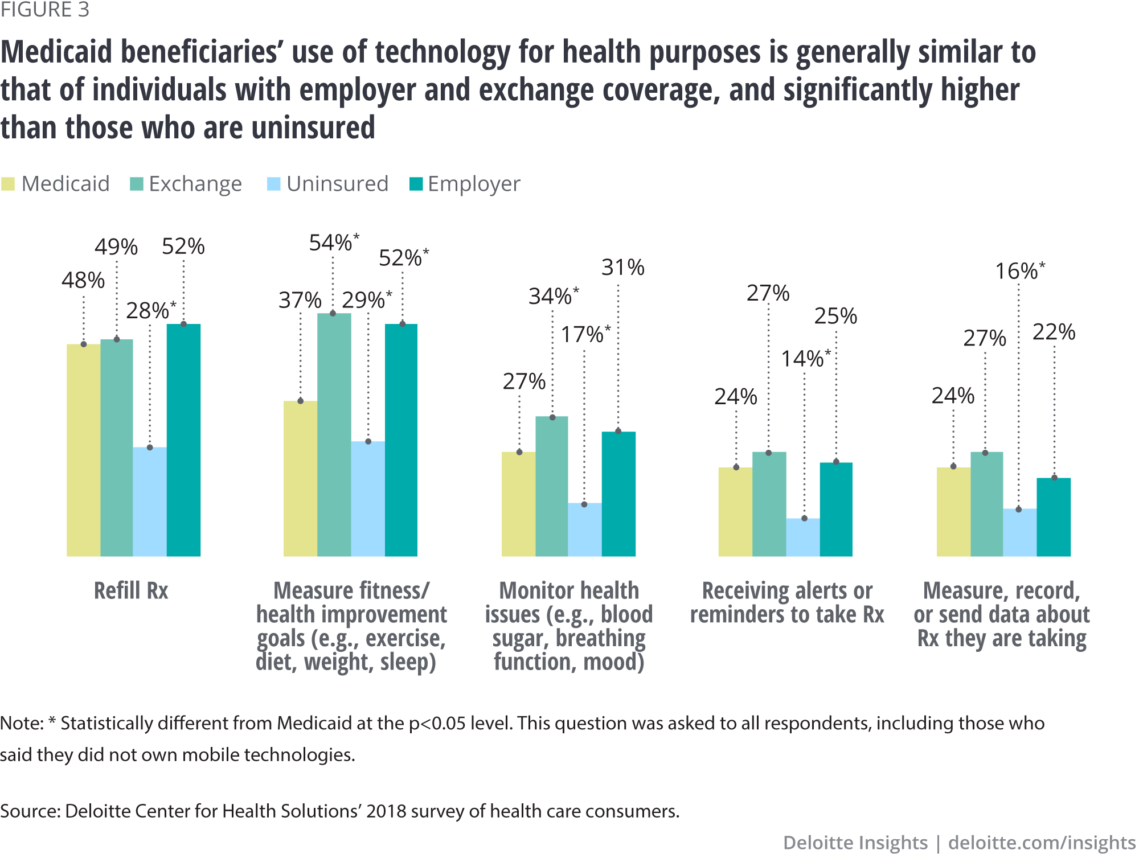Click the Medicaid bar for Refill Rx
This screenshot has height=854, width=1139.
click(83, 450)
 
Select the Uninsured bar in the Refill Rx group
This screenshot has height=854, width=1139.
click(150, 501)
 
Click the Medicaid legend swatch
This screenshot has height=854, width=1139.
click(8, 184)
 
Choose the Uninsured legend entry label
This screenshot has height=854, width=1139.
click(337, 184)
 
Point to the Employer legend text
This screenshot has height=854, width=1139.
click(474, 184)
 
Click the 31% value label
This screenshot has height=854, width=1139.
click(623, 268)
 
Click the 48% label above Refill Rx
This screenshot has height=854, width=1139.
click(83, 280)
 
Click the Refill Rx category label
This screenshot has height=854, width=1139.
click(131, 591)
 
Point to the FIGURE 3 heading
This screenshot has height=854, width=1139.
click(45, 10)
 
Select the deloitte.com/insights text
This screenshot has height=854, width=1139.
click(1042, 843)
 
